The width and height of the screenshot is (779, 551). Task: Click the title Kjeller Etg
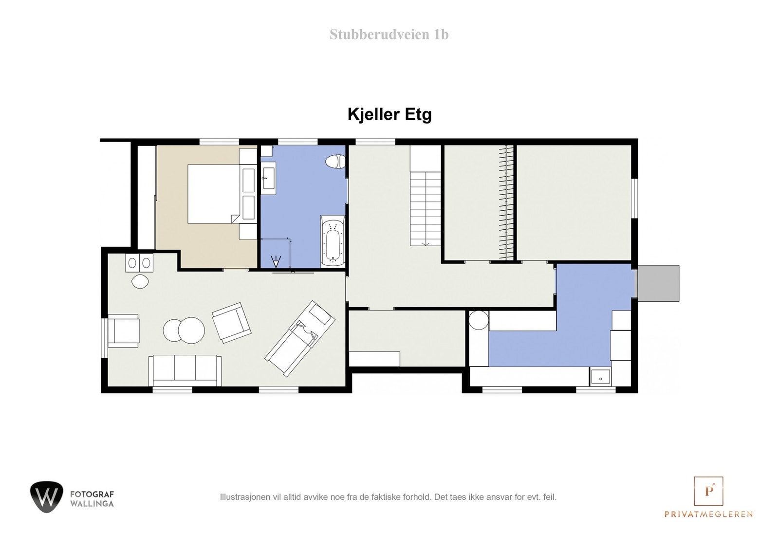389,114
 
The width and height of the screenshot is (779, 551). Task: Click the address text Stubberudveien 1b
389,35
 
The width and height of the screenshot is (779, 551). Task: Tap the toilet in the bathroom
335,161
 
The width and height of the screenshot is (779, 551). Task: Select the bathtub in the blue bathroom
333,241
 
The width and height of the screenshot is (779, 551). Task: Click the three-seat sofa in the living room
185,369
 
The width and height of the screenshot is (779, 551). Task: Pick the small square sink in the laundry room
601,377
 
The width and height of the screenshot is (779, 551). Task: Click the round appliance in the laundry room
479,320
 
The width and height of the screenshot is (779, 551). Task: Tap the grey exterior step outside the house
658,283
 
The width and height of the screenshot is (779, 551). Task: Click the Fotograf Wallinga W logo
46,496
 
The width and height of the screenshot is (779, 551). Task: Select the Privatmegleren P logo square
708,491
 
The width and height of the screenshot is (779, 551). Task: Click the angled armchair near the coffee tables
232,322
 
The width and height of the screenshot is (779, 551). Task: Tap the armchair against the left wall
123,331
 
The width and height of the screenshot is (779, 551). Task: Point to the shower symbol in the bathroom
276,262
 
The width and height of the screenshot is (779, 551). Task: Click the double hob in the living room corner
139,263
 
